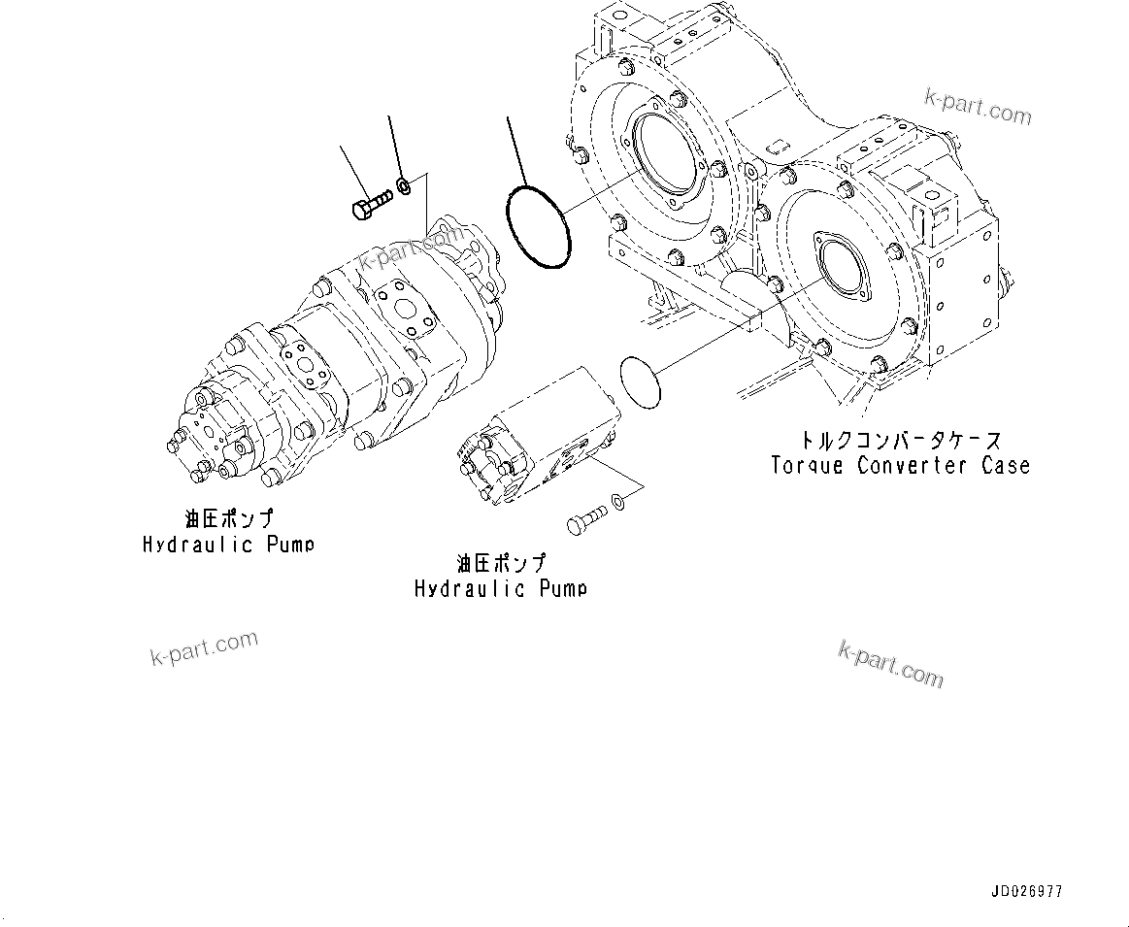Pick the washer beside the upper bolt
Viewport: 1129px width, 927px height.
click(x=405, y=183)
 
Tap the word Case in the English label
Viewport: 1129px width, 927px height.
click(x=1005, y=465)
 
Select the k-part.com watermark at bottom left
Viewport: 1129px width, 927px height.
click(x=204, y=648)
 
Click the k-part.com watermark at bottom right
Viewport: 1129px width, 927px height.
click(x=890, y=664)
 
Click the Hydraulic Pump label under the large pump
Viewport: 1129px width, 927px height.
click(x=228, y=545)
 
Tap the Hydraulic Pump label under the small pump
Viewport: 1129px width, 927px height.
click(x=501, y=588)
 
